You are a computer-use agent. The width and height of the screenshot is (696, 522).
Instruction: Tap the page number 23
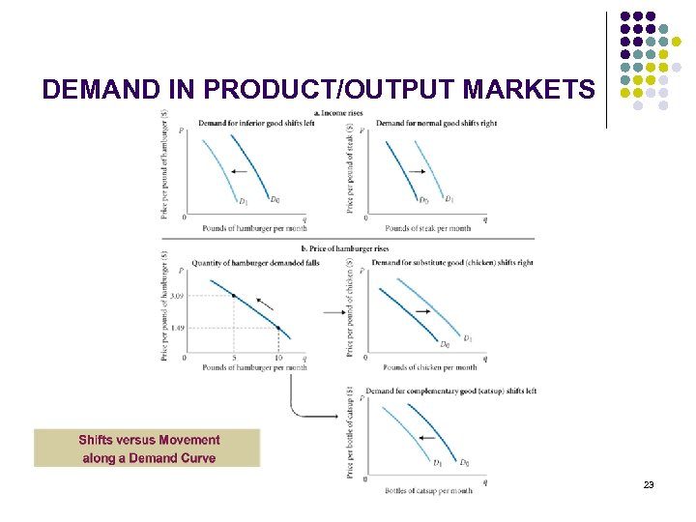pyautogui.click(x=649, y=483)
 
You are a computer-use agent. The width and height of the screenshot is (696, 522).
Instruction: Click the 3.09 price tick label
pyautogui.click(x=177, y=296)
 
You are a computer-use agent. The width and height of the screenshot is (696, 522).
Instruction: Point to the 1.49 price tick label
pyautogui.click(x=177, y=329)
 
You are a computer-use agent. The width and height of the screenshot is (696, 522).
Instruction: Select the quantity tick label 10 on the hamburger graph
pyautogui.click(x=278, y=358)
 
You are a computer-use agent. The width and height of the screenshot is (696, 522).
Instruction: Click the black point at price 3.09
pyautogui.click(x=233, y=295)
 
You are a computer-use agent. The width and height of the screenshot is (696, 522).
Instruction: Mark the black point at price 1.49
pyautogui.click(x=278, y=328)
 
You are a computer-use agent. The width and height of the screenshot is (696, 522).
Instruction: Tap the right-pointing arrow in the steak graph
pyautogui.click(x=417, y=171)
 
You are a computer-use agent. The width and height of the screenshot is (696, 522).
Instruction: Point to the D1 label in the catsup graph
pyautogui.click(x=437, y=462)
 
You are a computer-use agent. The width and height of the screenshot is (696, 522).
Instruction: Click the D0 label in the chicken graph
pyautogui.click(x=445, y=344)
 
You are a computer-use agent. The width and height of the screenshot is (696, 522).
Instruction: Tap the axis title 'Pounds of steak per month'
pyautogui.click(x=428, y=228)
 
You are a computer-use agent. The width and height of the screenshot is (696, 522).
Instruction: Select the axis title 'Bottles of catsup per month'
pyautogui.click(x=429, y=491)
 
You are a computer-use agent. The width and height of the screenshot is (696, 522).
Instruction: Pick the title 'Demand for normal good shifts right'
pyautogui.click(x=436, y=124)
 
